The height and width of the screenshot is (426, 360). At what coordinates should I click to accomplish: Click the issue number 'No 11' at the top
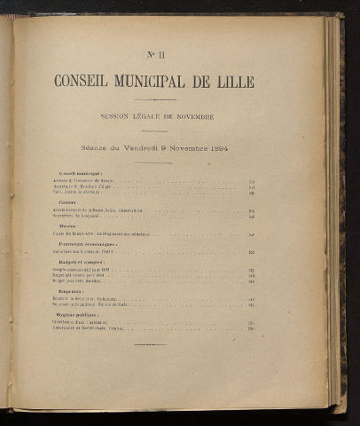(153, 54)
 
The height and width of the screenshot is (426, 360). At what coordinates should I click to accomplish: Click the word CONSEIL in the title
(81, 82)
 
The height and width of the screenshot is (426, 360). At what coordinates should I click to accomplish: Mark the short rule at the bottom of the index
(151, 344)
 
